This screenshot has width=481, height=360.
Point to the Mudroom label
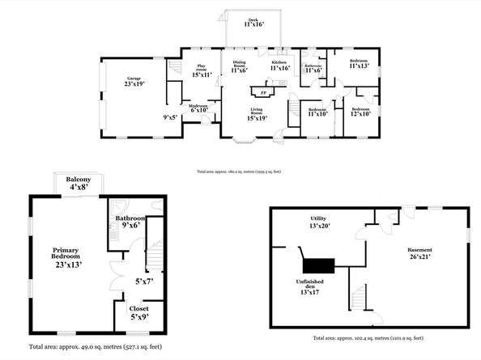pos(198,108)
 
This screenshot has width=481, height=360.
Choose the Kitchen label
pos(279,66)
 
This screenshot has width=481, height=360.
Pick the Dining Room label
pos(239,66)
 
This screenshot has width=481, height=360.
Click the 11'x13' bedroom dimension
pos(360,66)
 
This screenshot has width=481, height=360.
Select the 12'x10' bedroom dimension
pos(360,113)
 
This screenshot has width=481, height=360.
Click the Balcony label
pos(79,183)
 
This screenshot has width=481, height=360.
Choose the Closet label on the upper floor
pos(139,311)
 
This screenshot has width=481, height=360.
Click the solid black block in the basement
pos(318,266)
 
